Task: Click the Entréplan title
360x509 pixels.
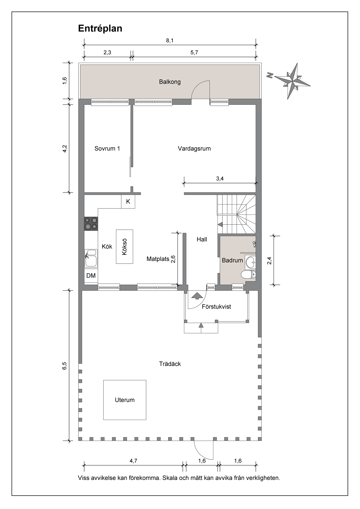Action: pyautogui.click(x=100, y=28)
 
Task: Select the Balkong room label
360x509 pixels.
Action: pyautogui.click(x=170, y=82)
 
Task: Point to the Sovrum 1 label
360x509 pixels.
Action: pyautogui.click(x=107, y=148)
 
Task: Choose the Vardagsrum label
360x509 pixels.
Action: pyautogui.click(x=194, y=148)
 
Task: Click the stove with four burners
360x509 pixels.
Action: pyautogui.click(x=91, y=224)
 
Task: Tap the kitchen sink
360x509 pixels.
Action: pyautogui.click(x=91, y=258)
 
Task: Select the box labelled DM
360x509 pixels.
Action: pyautogui.click(x=91, y=276)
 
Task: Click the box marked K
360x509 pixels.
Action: pyautogui.click(x=128, y=201)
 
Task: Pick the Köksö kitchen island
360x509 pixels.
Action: pyautogui.click(x=125, y=247)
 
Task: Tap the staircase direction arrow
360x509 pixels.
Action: pyautogui.click(x=220, y=225)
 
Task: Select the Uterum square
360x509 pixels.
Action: pyautogui.click(x=125, y=400)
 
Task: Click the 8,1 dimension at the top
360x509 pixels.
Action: pyautogui.click(x=170, y=41)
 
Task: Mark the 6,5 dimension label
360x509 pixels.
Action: pyautogui.click(x=65, y=366)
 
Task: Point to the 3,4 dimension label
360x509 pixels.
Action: pyautogui.click(x=220, y=179)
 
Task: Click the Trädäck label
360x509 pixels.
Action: pyautogui.click(x=170, y=364)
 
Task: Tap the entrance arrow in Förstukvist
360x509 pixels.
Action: pyautogui.click(x=197, y=296)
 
